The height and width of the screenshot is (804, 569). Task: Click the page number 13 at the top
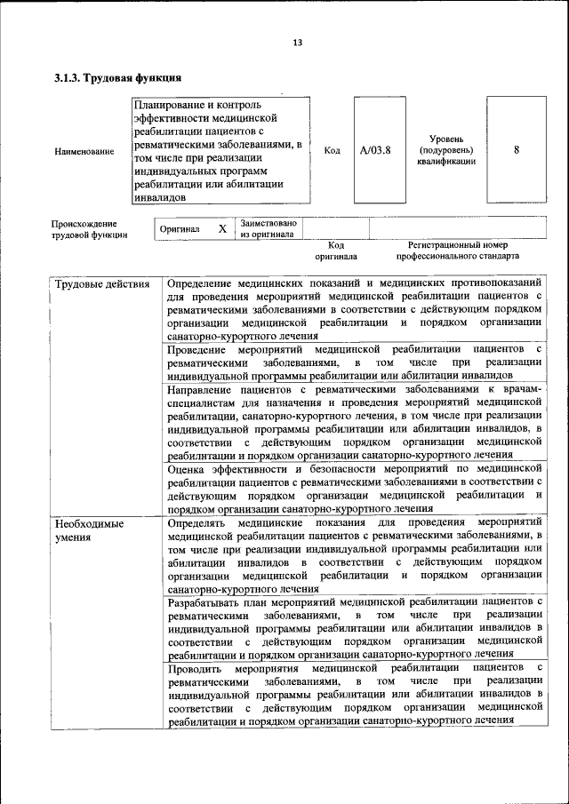[x=298, y=43]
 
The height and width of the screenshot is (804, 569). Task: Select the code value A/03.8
[x=375, y=150]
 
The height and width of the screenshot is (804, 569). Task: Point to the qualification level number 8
[x=517, y=150]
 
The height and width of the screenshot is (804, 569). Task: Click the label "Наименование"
[x=84, y=152]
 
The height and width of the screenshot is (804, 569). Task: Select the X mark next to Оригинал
[x=222, y=228]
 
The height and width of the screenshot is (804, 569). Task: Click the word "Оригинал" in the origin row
[x=179, y=229]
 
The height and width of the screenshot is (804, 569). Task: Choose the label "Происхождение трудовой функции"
[x=89, y=229]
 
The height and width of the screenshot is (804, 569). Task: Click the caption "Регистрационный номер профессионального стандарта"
[x=457, y=250]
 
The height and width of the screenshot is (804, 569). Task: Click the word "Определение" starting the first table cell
[x=203, y=283]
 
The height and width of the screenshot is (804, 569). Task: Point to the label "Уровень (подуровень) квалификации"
[x=447, y=150]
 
